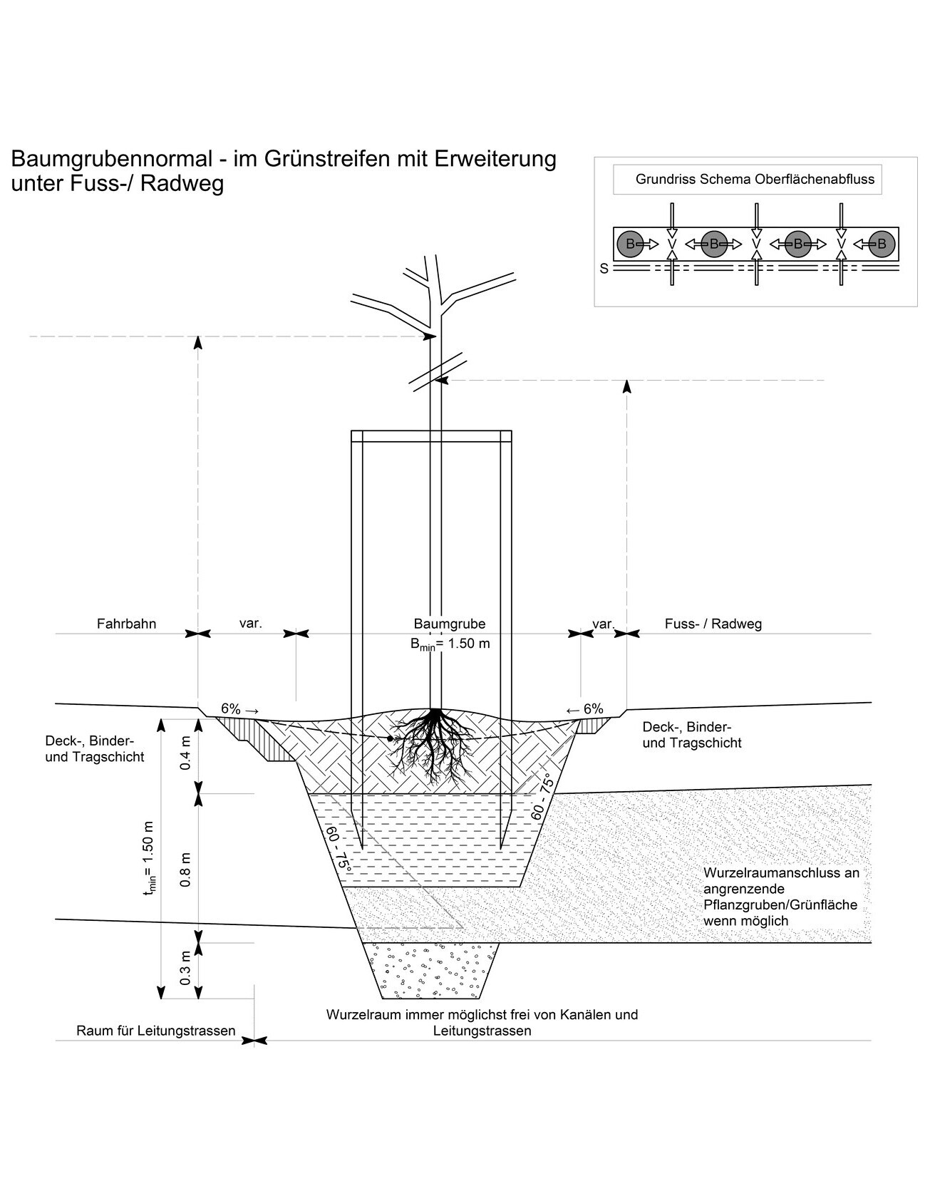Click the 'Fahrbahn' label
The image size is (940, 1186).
tap(126, 624)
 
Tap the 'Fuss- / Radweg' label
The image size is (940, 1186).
tap(713, 624)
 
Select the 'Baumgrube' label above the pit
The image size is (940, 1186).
tap(449, 624)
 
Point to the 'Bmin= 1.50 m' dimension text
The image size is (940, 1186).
tap(449, 644)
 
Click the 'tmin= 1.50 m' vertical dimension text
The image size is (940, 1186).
tap(149, 859)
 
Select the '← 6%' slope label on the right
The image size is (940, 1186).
tap(584, 709)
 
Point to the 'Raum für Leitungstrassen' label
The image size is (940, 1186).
tap(155, 1031)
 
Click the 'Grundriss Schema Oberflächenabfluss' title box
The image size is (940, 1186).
tap(748, 180)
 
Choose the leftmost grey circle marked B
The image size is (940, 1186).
tap(629, 244)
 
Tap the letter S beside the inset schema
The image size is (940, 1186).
tap(604, 269)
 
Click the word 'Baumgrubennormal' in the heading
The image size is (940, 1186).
tap(111, 158)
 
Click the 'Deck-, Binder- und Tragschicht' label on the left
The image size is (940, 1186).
tap(95, 748)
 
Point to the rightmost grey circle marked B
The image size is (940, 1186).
tap(882, 244)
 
